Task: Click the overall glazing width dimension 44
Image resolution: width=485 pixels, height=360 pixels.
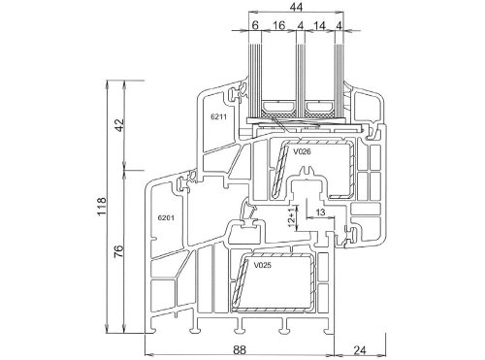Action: (296, 7)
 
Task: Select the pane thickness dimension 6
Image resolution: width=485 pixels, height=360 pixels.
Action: (255, 25)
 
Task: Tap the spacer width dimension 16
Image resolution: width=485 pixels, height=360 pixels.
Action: (278, 25)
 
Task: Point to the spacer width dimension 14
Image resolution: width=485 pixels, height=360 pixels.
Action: (319, 25)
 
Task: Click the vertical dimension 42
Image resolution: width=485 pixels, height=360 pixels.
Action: (119, 125)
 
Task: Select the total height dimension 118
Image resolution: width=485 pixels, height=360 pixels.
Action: (101, 207)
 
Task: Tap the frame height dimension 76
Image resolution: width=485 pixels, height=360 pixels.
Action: (119, 251)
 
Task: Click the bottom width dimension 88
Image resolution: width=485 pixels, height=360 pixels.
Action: (240, 350)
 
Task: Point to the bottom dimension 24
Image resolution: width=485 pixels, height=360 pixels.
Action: (360, 350)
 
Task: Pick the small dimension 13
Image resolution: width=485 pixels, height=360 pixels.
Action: (320, 213)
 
